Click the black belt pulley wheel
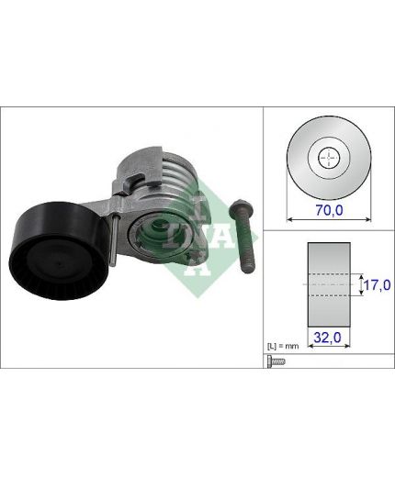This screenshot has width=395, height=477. [x=59, y=250]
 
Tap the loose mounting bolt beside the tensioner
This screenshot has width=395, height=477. [x=243, y=236]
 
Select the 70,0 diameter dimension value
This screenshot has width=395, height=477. [x=330, y=210]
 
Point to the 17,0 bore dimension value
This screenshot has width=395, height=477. [x=378, y=285]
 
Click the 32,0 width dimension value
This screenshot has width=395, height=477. [x=327, y=338]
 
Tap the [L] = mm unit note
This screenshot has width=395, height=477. [x=283, y=347]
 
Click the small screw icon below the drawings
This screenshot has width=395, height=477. [x=276, y=361]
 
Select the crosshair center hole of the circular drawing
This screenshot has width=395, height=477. [x=329, y=158]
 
